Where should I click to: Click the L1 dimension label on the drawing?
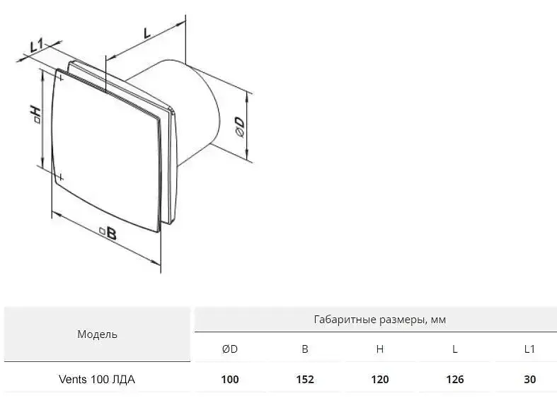click(36, 46)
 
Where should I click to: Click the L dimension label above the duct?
click(147, 33)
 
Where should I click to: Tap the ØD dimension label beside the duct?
click(240, 127)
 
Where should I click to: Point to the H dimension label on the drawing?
click(36, 114)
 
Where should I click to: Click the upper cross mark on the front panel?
click(61, 78)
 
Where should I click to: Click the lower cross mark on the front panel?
click(61, 177)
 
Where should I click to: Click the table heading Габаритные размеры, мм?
click(380, 320)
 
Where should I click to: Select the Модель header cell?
click(97, 334)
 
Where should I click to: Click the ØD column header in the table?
click(230, 349)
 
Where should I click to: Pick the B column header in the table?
click(305, 349)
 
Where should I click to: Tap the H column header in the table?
click(380, 349)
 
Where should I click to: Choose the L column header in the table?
click(454, 349)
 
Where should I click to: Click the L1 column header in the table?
click(529, 349)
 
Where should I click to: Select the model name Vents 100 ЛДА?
click(97, 380)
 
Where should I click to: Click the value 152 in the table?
click(305, 380)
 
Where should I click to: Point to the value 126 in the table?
click(454, 380)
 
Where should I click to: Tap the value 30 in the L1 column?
click(529, 380)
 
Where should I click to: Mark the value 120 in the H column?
click(380, 380)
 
